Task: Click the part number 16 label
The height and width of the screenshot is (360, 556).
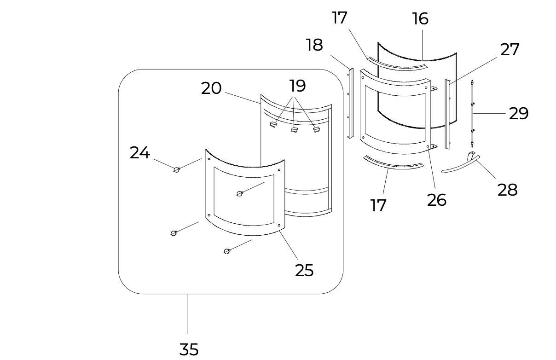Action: (420, 19)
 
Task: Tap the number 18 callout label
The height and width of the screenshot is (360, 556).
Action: (314, 45)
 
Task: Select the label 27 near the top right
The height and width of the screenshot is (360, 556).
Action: (510, 49)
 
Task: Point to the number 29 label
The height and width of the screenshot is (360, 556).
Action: (519, 113)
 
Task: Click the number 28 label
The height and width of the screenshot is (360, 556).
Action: (507, 190)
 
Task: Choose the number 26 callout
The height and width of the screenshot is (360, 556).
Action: (437, 200)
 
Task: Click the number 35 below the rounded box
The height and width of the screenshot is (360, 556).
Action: (189, 349)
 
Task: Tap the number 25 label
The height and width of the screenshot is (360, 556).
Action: (304, 270)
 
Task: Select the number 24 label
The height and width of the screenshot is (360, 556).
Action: (140, 152)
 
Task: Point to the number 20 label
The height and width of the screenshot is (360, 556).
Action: (211, 88)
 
